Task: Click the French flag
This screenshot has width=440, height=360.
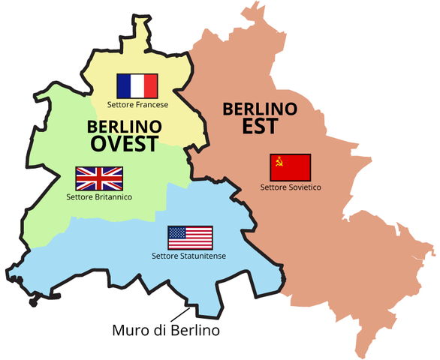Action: (x=137, y=85)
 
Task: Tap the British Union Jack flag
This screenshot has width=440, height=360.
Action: (x=98, y=178)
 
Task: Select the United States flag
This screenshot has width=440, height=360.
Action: (x=190, y=238)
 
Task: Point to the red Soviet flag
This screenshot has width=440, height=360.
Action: (x=290, y=167)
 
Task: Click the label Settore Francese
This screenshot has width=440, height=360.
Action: (x=137, y=105)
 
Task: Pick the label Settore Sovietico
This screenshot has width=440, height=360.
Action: (x=291, y=186)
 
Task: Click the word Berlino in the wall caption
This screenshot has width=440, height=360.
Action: (x=197, y=329)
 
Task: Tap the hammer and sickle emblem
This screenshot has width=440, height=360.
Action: (x=279, y=161)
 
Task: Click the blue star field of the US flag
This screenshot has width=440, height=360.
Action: (x=177, y=232)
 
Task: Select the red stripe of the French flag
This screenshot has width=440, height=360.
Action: (x=151, y=85)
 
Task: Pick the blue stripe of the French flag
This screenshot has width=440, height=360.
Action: (x=124, y=85)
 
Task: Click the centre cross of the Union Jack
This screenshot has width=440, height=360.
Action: (x=98, y=178)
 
